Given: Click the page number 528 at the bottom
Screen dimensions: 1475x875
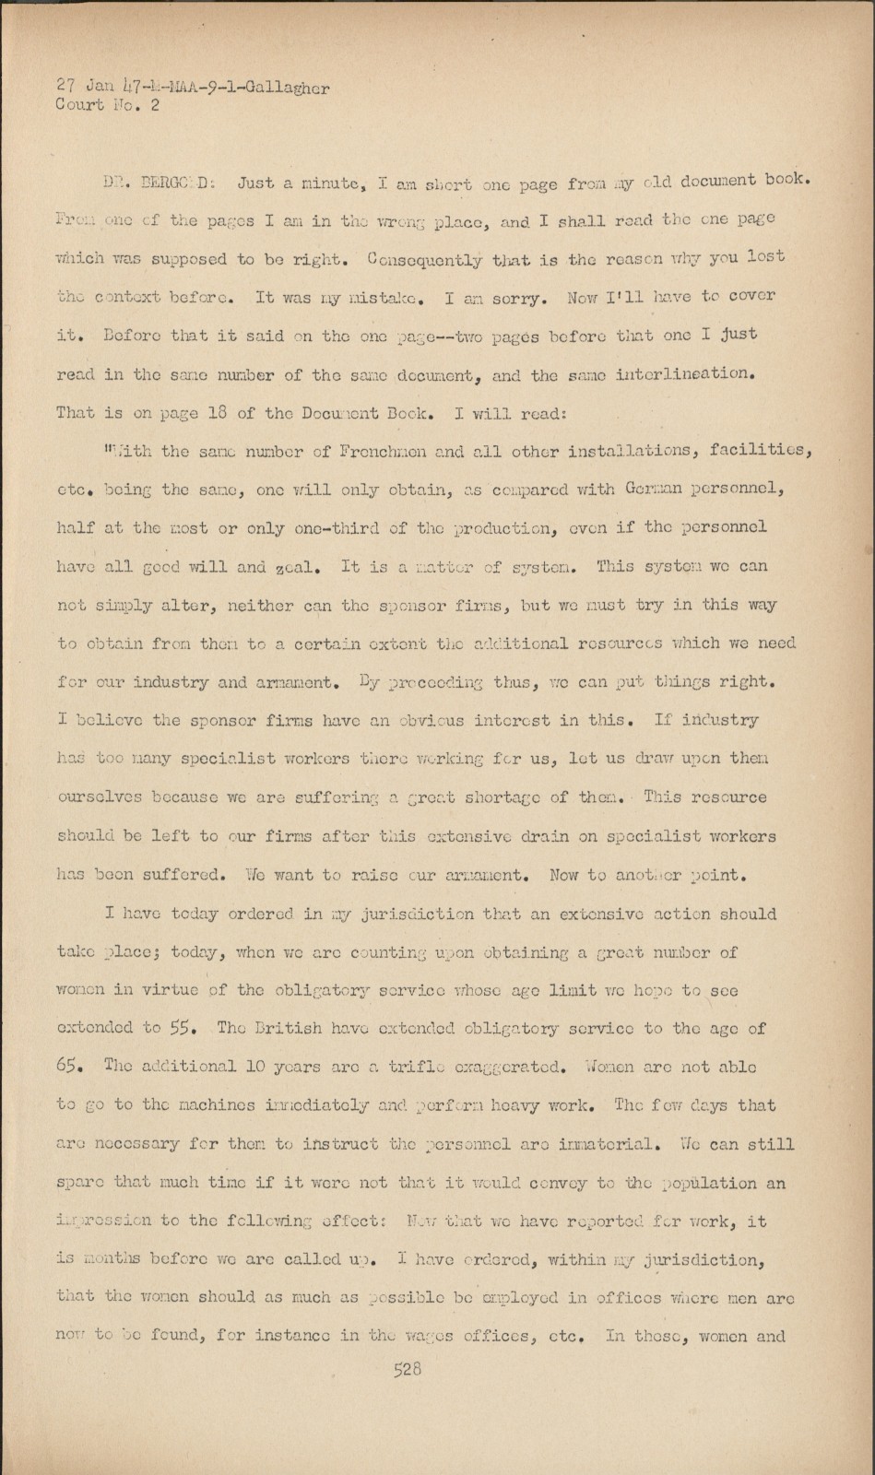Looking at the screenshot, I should tap(407, 1370).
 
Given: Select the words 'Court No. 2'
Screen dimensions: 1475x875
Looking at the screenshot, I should tap(108, 105).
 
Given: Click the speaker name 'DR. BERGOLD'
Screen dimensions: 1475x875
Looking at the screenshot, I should tap(159, 183).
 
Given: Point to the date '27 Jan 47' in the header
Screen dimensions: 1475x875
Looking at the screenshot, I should tap(96, 88).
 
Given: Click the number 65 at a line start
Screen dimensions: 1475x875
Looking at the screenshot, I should tap(69, 1067).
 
